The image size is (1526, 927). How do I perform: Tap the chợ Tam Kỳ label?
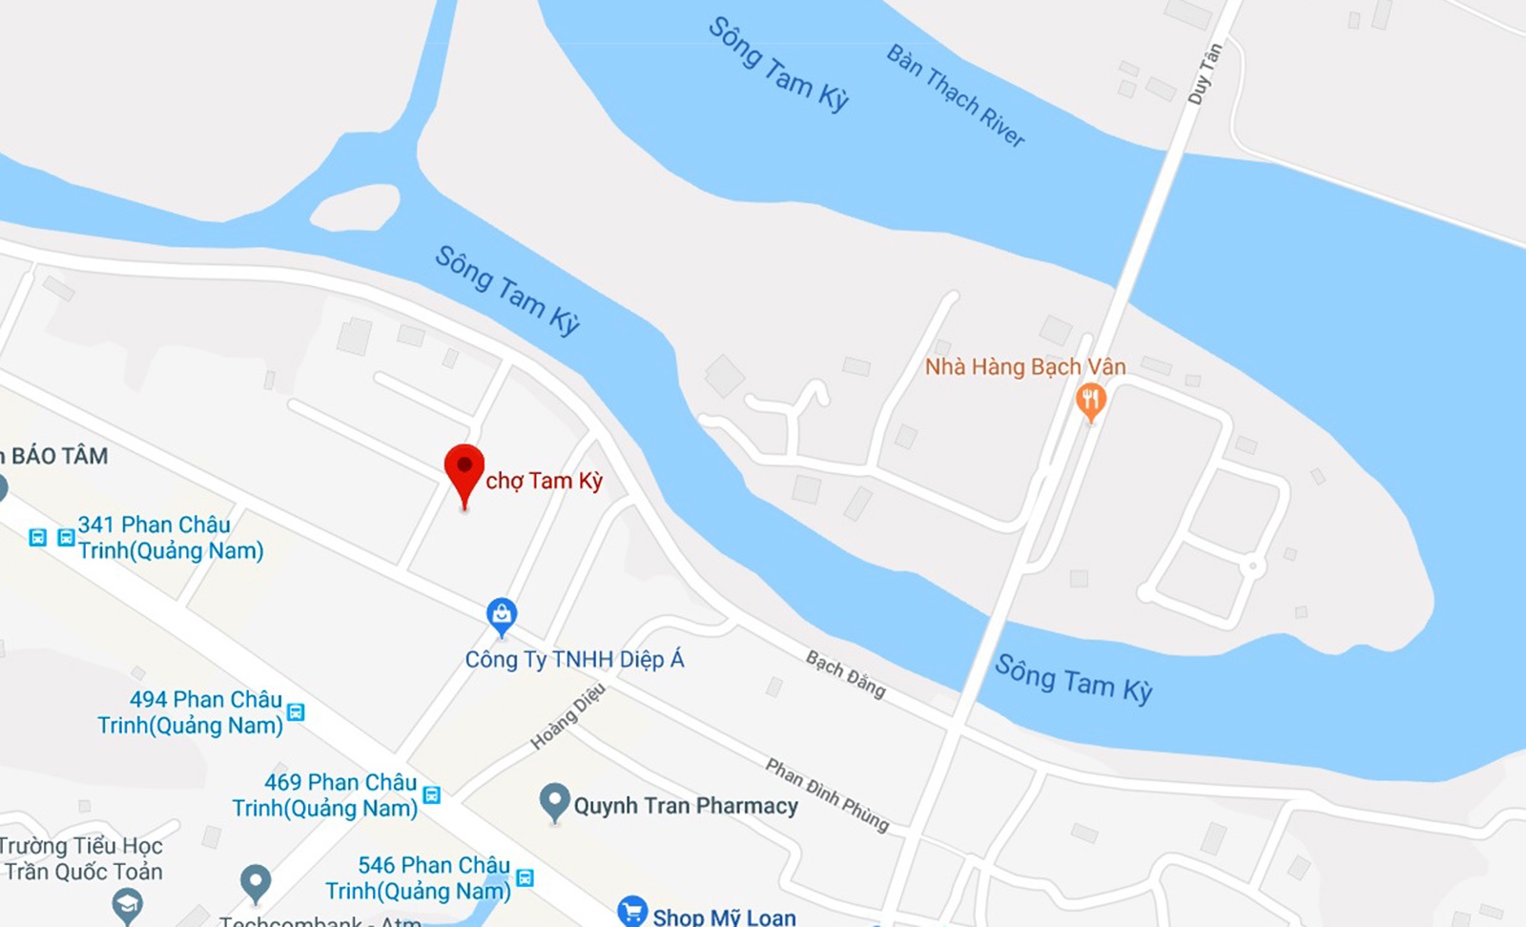[x=544, y=481]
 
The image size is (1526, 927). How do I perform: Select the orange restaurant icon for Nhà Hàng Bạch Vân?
[x=1090, y=400]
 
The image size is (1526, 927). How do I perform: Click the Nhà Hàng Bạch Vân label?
[x=1025, y=367]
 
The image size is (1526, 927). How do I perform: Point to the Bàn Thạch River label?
[x=956, y=95]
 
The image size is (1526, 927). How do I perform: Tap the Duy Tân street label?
[x=1205, y=74]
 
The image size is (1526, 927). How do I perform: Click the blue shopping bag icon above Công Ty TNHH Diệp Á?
[x=502, y=614]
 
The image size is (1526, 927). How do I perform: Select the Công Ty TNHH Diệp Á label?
[x=574, y=659]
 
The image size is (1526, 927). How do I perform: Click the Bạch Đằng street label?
[x=845, y=674]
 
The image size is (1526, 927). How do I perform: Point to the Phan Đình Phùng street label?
[x=827, y=794]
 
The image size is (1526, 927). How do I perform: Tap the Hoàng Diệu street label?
[x=567, y=716]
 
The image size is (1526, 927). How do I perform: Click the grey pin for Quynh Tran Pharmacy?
[x=554, y=801]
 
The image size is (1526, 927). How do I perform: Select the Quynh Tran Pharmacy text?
[x=686, y=806]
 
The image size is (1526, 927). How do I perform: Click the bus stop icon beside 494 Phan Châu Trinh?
[x=296, y=712]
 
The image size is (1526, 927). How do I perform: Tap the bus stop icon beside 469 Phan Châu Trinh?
[x=431, y=794]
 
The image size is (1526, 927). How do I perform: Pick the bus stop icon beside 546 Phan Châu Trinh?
[x=524, y=877]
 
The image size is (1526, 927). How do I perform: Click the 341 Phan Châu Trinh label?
[x=170, y=538]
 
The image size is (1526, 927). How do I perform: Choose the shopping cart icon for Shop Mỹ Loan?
[x=631, y=912]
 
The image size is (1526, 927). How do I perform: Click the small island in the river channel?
[x=355, y=207]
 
